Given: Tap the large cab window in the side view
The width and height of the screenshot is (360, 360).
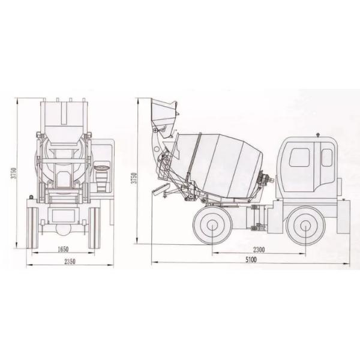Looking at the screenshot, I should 299,157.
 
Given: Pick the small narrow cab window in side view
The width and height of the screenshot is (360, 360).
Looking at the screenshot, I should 326,157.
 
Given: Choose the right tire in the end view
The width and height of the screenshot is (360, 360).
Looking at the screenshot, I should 94,227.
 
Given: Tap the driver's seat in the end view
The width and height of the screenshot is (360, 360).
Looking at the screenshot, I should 102,177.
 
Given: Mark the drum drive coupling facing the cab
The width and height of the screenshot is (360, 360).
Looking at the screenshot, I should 265,178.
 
